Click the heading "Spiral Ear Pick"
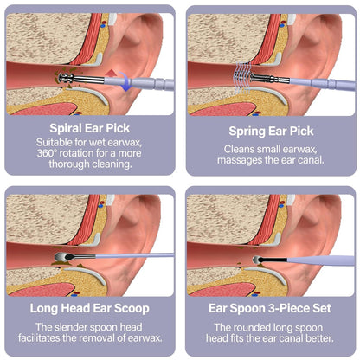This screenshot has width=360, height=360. (x=90, y=128)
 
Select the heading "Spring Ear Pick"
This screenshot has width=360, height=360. (x=271, y=132)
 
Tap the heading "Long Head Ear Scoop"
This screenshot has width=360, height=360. (x=90, y=308)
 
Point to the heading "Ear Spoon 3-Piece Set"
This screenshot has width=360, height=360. (x=270, y=308)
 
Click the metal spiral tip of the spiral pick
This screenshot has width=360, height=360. (x=66, y=78)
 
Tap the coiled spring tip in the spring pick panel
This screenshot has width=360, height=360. (x=241, y=77)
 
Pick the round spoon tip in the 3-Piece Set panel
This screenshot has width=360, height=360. (x=256, y=260)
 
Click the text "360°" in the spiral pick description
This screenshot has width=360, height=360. (x=46, y=153)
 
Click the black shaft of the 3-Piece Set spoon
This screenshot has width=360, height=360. (x=273, y=260)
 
